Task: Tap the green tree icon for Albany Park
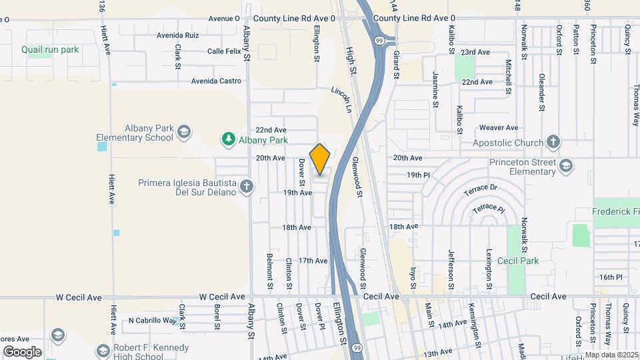click(x=229, y=139)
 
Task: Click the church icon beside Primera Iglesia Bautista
click(x=247, y=186)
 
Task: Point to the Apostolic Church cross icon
click(x=553, y=141)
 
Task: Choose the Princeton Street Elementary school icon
click(x=565, y=165)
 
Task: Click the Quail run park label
click(x=50, y=50)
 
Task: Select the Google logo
click(x=23, y=351)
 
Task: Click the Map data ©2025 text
click(x=611, y=355)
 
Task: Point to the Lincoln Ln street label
click(x=341, y=98)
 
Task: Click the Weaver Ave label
click(x=499, y=127)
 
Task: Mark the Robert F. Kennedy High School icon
click(x=103, y=350)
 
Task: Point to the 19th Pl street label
click(x=419, y=175)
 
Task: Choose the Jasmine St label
click(x=435, y=89)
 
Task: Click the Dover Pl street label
click(x=320, y=317)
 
